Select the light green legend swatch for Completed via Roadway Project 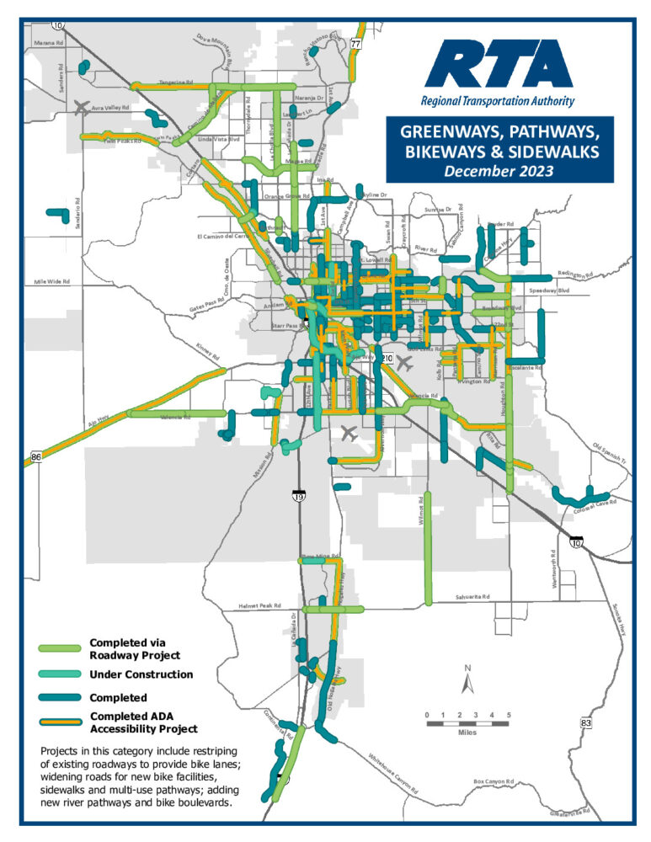[60, 648]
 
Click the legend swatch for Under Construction [60, 674]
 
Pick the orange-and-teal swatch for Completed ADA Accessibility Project [60, 722]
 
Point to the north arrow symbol [468, 678]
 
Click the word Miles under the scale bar [467, 733]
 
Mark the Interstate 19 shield [299, 496]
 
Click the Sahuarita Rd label [473, 595]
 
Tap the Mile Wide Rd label [54, 281]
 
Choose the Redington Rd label [575, 274]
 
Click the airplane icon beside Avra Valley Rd [82, 107]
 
